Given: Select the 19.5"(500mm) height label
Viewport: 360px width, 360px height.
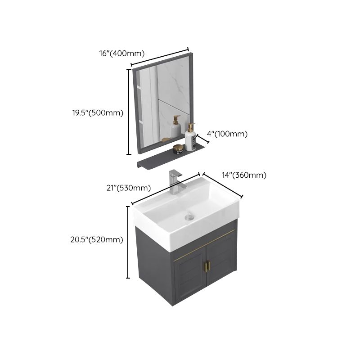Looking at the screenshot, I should (x=98, y=113).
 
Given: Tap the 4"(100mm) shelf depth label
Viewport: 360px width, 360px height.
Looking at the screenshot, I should (x=227, y=134).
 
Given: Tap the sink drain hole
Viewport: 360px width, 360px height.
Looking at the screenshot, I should (x=189, y=217).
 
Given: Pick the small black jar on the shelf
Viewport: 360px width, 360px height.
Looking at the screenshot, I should (x=178, y=149).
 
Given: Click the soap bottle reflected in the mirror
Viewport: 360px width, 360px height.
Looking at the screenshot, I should (x=175, y=128).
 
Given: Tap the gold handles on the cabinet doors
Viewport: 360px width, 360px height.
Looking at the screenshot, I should (x=207, y=266).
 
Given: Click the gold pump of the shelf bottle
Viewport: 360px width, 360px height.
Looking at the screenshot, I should (x=191, y=126).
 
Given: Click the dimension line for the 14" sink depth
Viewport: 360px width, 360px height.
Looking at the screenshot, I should (x=223, y=185).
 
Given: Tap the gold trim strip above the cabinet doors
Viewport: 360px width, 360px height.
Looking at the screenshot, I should (x=205, y=243).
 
